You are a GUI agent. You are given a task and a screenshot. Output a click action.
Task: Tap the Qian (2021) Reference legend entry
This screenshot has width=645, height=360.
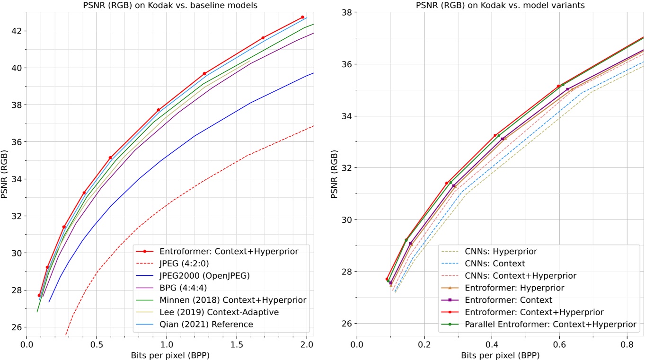tap(206, 324)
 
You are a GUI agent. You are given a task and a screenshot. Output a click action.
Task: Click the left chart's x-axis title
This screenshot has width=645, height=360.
tap(170, 354)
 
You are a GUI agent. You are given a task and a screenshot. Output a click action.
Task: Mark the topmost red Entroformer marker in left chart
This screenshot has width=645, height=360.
tap(302, 17)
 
